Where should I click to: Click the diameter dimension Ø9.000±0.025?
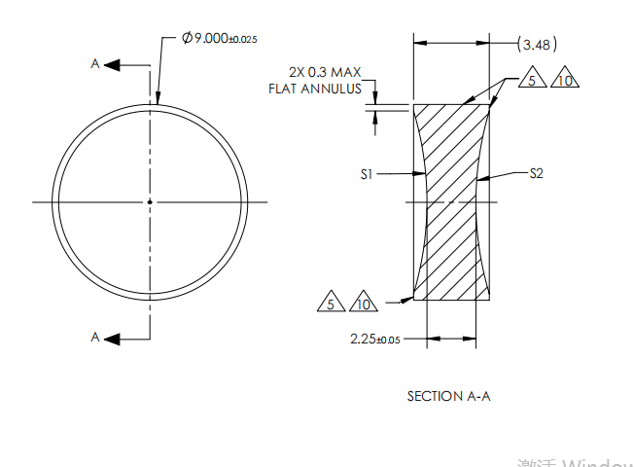219,38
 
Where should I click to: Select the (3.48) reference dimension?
537,44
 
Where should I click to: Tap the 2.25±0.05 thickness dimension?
374,339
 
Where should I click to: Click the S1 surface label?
366,174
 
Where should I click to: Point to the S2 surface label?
537,174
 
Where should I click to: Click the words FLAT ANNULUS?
315,89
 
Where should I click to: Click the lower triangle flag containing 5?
331,304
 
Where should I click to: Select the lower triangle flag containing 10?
364,304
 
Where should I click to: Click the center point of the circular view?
150,201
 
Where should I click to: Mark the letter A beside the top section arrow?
95,63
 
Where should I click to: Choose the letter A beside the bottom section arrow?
95,338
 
